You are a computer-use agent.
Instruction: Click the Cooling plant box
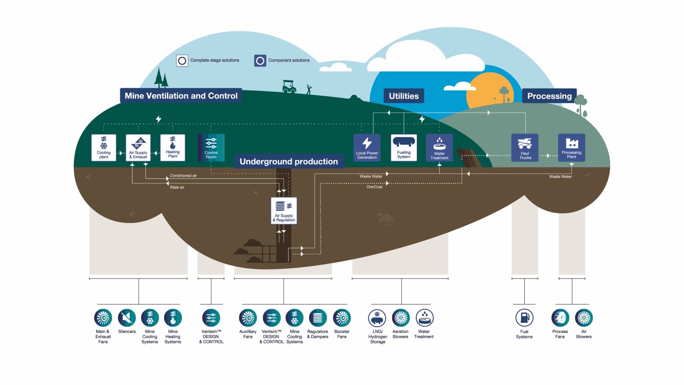(104, 147)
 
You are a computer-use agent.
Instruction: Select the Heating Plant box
(172, 147)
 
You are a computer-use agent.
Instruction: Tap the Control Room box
(211, 147)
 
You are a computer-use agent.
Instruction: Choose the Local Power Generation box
(367, 147)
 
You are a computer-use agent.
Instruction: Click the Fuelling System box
(404, 147)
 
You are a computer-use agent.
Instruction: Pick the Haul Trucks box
(525, 147)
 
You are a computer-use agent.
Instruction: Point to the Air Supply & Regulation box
(284, 210)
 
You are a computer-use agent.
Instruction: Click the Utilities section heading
(404, 96)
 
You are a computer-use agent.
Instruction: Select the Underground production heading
(289, 161)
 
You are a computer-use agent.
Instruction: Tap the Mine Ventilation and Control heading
(181, 96)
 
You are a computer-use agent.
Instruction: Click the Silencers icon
(127, 317)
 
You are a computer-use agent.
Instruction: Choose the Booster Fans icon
(342, 317)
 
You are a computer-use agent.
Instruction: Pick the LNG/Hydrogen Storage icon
(377, 317)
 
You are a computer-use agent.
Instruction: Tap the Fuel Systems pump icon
(524, 317)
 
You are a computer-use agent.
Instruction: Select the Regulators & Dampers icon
(317, 317)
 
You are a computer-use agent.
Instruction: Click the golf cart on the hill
(289, 87)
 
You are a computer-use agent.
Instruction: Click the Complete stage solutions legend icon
(182, 60)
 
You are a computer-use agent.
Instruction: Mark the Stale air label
(177, 187)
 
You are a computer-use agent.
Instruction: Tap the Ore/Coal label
(374, 187)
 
